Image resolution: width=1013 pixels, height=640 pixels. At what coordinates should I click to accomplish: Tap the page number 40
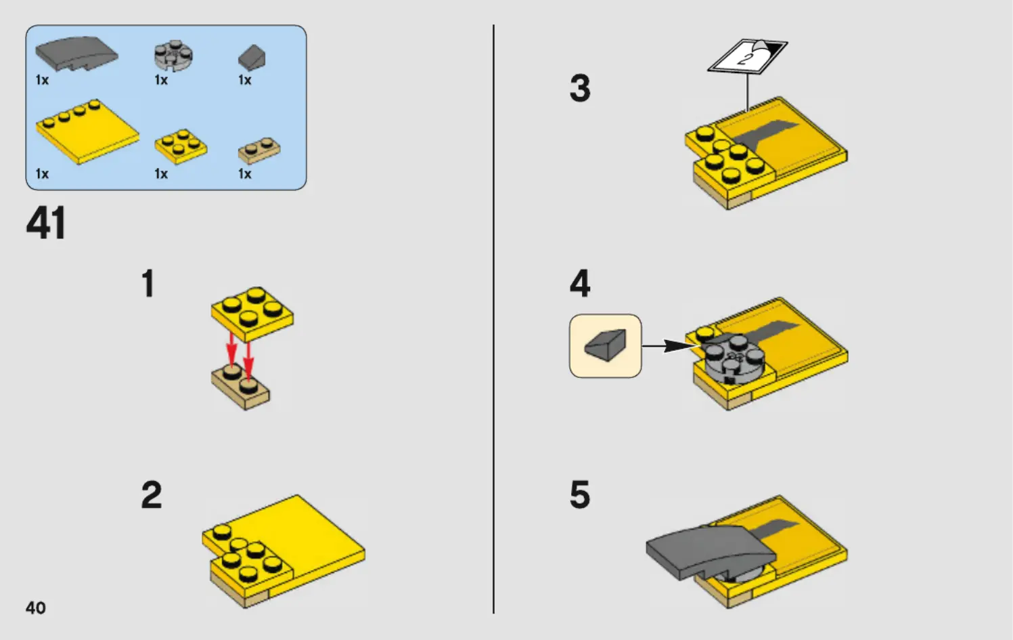coord(36,607)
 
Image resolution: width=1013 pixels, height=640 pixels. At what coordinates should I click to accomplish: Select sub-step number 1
coord(148,283)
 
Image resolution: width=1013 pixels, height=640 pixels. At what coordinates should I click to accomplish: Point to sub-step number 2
coord(152,494)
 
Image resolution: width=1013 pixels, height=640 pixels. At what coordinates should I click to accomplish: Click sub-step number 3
coord(580,88)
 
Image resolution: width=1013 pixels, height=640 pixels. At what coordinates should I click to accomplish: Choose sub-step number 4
coord(580,283)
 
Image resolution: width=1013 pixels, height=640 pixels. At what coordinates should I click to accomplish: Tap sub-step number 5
coord(580,494)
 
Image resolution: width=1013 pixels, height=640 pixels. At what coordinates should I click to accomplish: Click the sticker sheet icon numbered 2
coord(748,56)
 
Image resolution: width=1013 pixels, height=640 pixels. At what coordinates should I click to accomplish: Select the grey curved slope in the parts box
coord(76,54)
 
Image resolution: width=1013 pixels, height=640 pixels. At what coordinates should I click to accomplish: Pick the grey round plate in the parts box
coord(174,56)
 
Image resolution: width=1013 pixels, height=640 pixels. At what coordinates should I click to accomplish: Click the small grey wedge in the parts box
coord(252,58)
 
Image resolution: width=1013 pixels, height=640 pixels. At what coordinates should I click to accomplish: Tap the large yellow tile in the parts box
coord(87,131)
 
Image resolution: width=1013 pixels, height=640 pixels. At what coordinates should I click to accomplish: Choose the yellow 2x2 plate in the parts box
coord(181,146)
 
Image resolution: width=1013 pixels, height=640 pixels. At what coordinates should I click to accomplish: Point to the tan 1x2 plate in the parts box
coord(259,150)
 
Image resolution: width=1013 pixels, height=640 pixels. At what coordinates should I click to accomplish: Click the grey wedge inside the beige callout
coord(606,345)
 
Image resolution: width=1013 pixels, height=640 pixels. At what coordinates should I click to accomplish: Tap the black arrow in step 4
coord(671,346)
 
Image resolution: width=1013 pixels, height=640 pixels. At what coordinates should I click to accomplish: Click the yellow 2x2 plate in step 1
coord(252,314)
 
